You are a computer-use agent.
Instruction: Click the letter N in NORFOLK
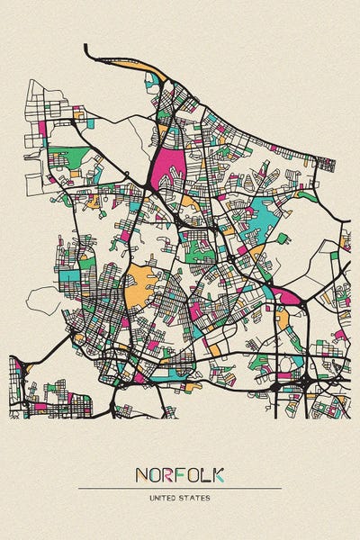pyautogui.click(x=141, y=474)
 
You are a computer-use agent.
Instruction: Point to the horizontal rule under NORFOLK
pyautogui.click(x=180, y=488)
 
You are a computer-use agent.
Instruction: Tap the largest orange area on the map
pyautogui.click(x=139, y=285)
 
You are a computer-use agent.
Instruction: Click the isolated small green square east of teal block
pyautogui.click(x=283, y=238)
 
